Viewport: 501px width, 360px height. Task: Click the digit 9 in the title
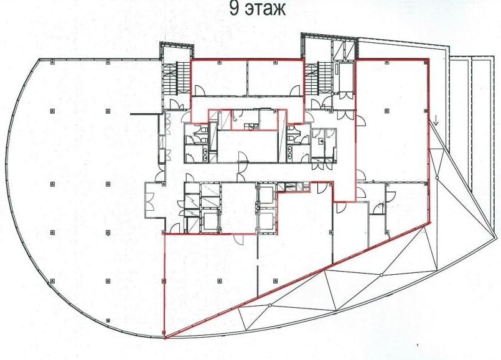(234, 9)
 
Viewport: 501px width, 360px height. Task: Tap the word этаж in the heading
(265, 9)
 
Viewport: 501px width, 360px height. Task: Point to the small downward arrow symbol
(437, 122)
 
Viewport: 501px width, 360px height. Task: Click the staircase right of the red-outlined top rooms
(318, 78)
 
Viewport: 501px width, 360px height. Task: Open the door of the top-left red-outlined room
(200, 91)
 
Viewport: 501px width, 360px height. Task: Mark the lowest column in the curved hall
(108, 320)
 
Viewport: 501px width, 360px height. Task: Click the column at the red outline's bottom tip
(164, 334)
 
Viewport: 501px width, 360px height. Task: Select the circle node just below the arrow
(437, 177)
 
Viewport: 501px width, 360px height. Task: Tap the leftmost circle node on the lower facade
(270, 305)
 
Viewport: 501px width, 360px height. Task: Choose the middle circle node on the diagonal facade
(381, 275)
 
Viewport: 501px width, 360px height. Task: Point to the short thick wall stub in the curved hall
(144, 114)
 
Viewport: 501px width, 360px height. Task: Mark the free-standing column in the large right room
(387, 111)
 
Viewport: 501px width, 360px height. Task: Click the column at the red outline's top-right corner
(426, 62)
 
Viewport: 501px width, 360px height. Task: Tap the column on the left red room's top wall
(219, 62)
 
